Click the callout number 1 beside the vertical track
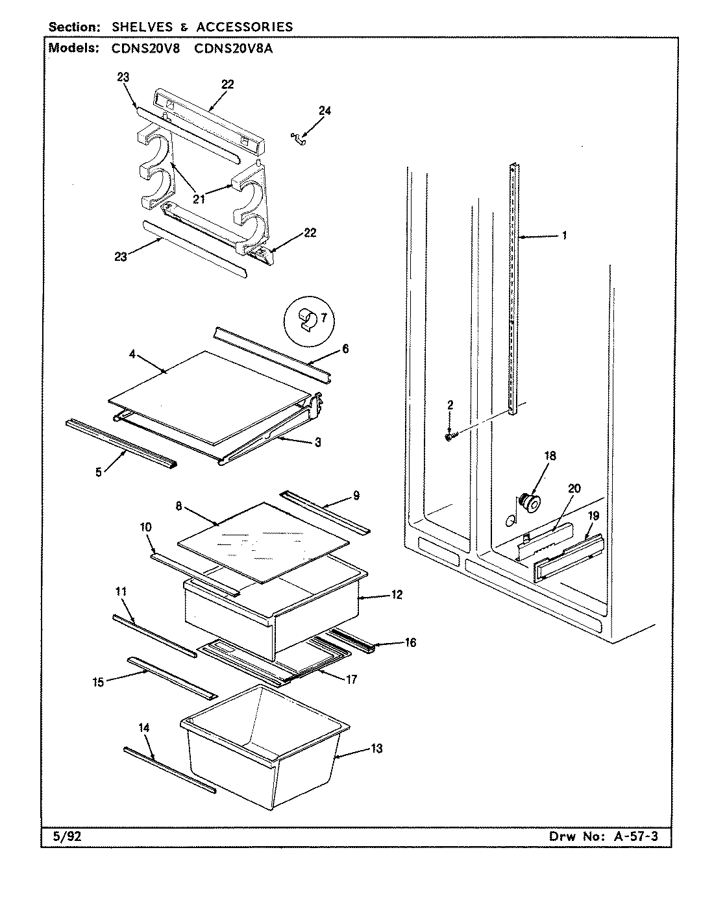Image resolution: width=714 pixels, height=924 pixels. (x=564, y=236)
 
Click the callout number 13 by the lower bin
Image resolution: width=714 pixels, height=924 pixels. (x=376, y=749)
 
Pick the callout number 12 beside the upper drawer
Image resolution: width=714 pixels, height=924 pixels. (x=397, y=594)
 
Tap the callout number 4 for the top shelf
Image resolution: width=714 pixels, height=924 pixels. (x=132, y=355)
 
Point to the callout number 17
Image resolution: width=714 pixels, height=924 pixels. (x=351, y=680)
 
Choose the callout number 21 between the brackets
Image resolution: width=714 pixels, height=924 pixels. (x=199, y=199)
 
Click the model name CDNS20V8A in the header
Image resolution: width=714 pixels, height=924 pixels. (x=233, y=47)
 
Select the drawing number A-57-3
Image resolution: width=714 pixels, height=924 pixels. (x=635, y=836)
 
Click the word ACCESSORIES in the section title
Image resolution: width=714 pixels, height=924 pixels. (x=245, y=27)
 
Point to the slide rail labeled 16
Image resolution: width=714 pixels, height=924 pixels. (x=351, y=638)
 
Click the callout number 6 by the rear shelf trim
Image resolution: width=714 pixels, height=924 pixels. (x=345, y=349)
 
